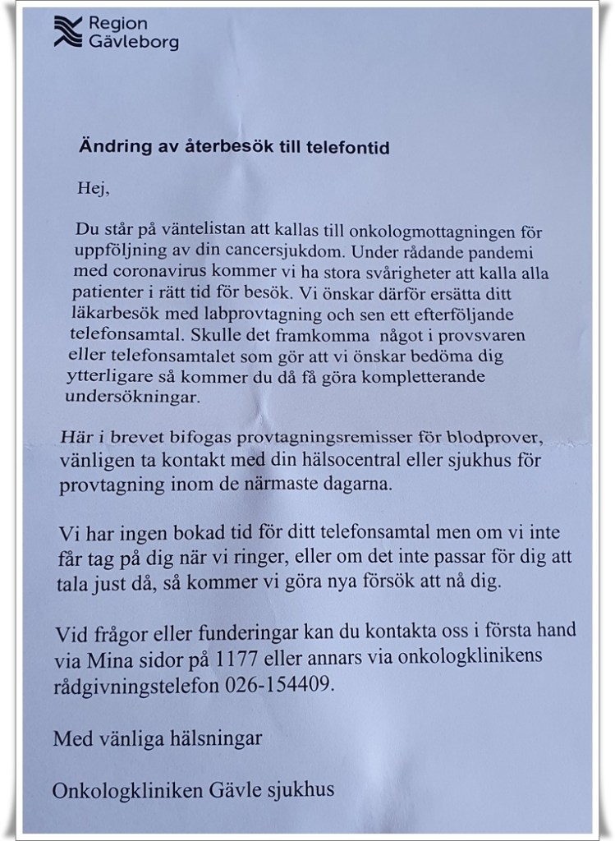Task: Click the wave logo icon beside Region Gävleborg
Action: click(68, 32)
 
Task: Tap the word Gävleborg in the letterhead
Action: click(138, 42)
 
